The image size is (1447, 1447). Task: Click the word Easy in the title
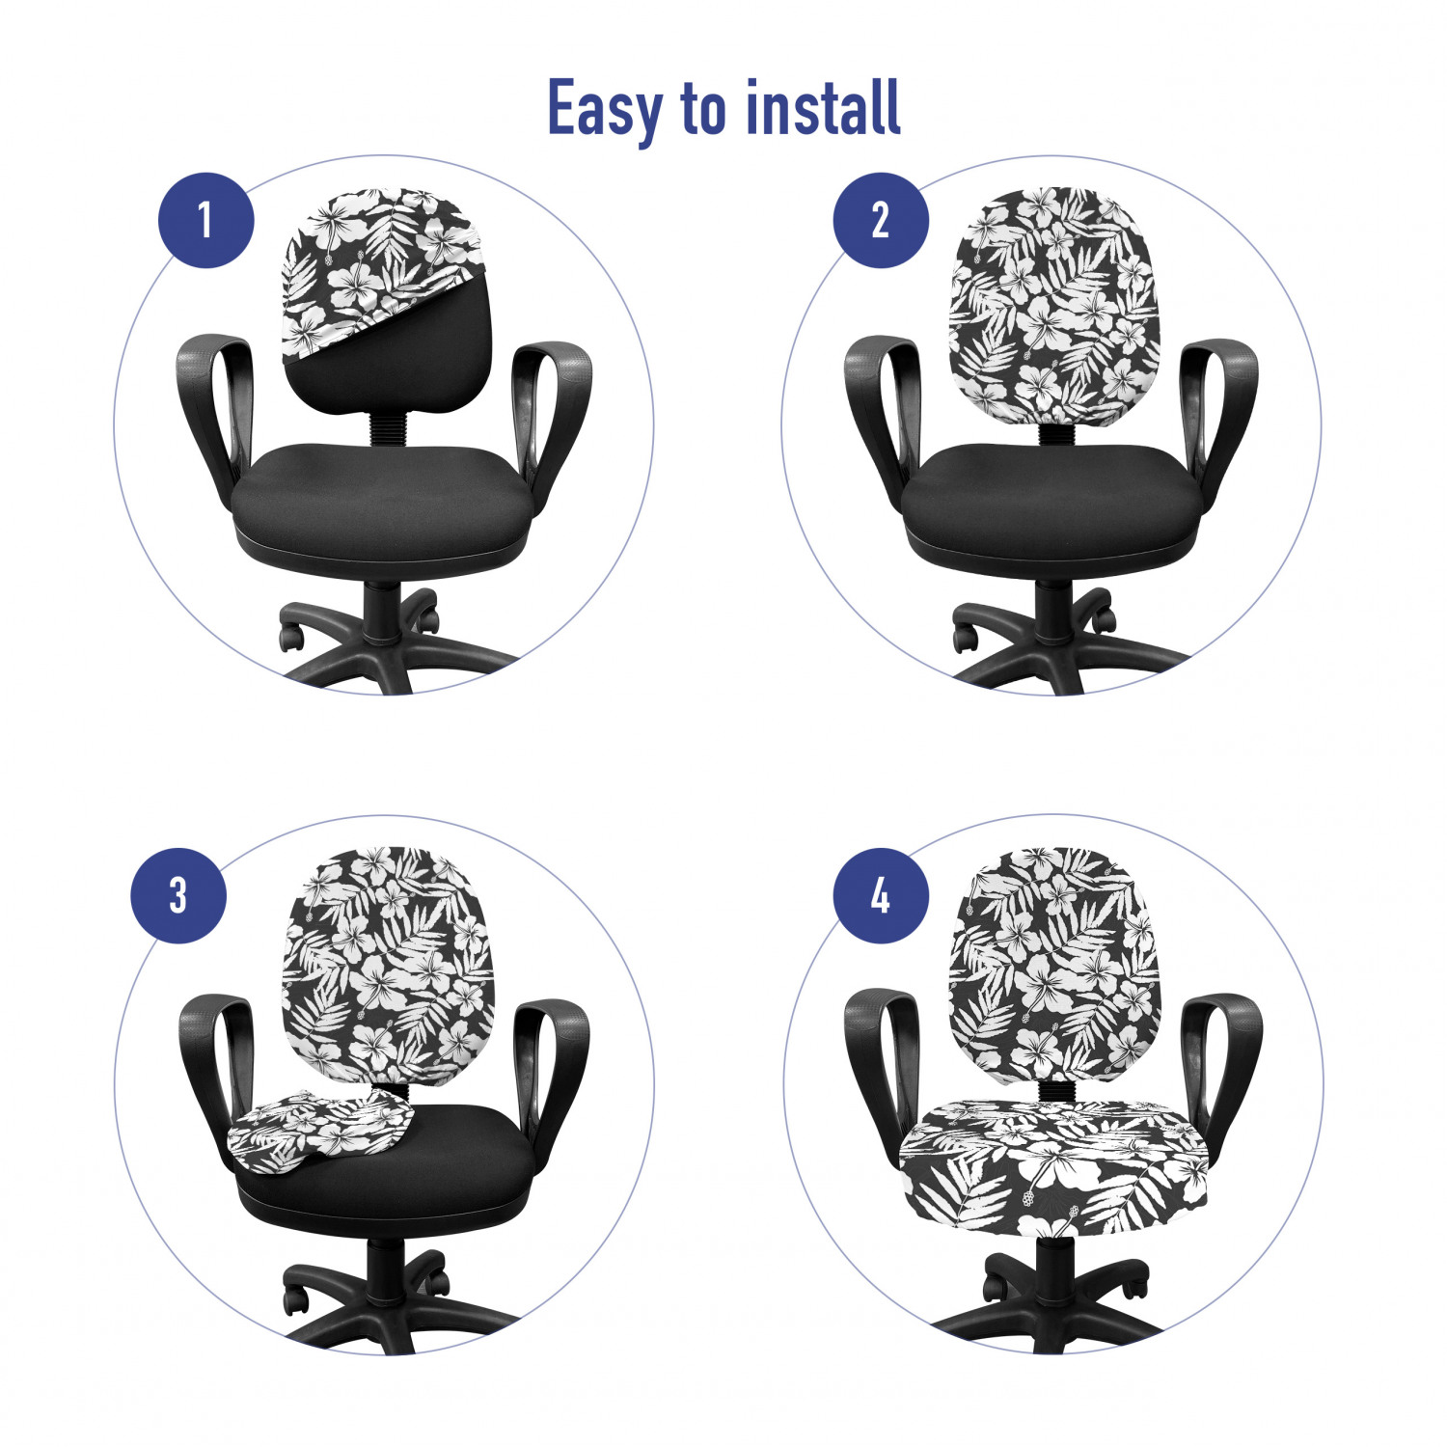tap(604, 109)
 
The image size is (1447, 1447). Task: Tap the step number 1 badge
tap(205, 220)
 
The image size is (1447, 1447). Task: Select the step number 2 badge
tap(880, 220)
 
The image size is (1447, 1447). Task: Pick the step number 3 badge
tap(178, 895)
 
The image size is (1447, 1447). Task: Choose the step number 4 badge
tap(880, 895)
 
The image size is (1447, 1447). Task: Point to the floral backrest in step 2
tap(1054, 307)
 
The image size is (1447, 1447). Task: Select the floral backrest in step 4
tap(1054, 965)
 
